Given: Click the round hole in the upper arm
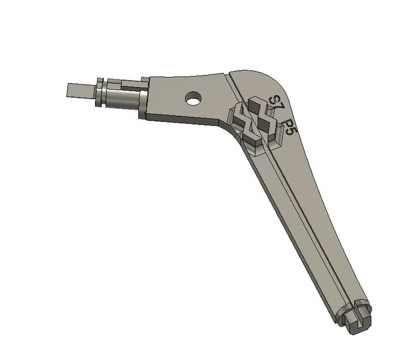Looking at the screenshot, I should coord(192,99).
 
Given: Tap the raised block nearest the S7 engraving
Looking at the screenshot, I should coord(256,104).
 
